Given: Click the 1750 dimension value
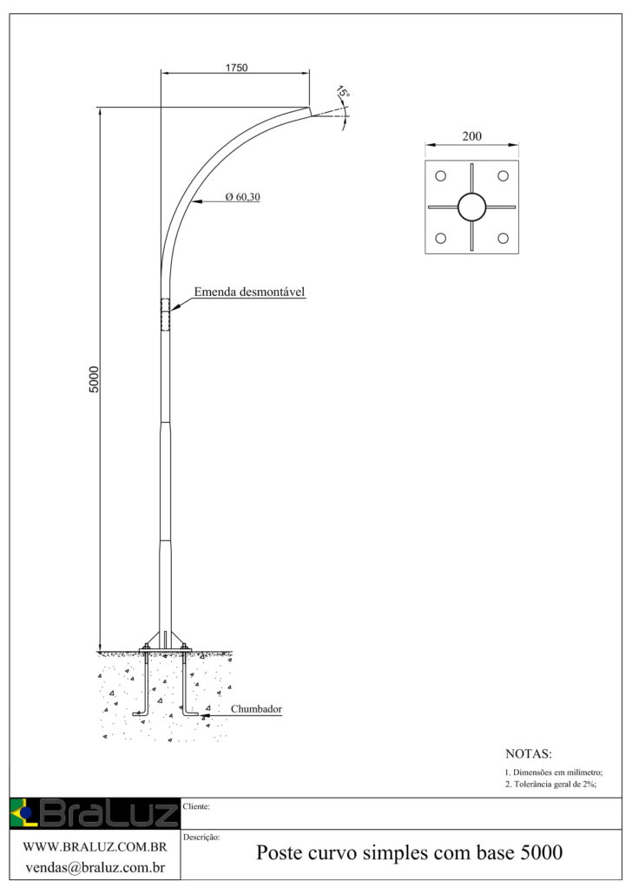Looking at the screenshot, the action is click(236, 68).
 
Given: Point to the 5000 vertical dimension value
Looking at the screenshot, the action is click(94, 379).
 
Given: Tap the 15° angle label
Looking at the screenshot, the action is click(343, 92).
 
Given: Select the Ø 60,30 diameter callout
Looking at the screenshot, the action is click(242, 197).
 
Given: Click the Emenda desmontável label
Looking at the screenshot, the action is click(250, 292).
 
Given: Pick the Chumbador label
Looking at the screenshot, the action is click(256, 709).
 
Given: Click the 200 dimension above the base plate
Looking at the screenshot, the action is click(471, 136).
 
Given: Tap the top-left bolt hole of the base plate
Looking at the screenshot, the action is click(440, 176).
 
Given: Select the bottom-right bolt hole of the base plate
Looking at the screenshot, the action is click(503, 239).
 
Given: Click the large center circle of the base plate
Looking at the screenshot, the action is click(471, 207).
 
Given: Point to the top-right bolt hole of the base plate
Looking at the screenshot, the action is click(503, 176).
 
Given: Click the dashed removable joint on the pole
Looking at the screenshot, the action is click(166, 314).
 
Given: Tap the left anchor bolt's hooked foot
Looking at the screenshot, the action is click(141, 713).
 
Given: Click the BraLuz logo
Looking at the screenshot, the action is click(95, 813).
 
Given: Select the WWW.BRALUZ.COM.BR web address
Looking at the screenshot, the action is click(95, 847).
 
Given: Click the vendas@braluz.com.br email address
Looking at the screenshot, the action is click(95, 868).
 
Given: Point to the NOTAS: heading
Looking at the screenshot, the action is click(528, 753).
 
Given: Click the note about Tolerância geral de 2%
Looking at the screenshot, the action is click(550, 784).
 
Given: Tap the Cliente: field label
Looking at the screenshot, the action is click(196, 806).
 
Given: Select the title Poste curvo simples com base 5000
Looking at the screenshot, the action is click(409, 853).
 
